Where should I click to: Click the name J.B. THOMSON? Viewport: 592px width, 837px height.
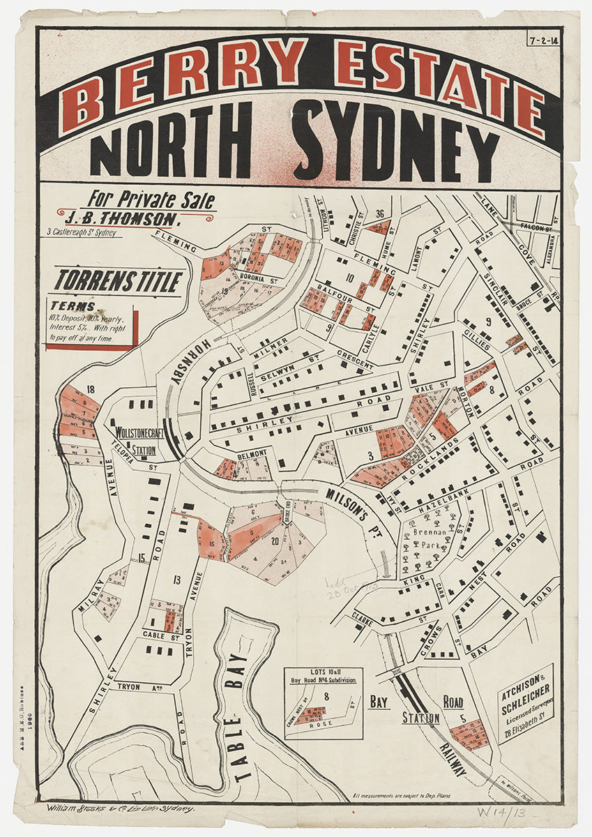[132, 219]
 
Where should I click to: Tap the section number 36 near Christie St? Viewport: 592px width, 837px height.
[380, 214]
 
